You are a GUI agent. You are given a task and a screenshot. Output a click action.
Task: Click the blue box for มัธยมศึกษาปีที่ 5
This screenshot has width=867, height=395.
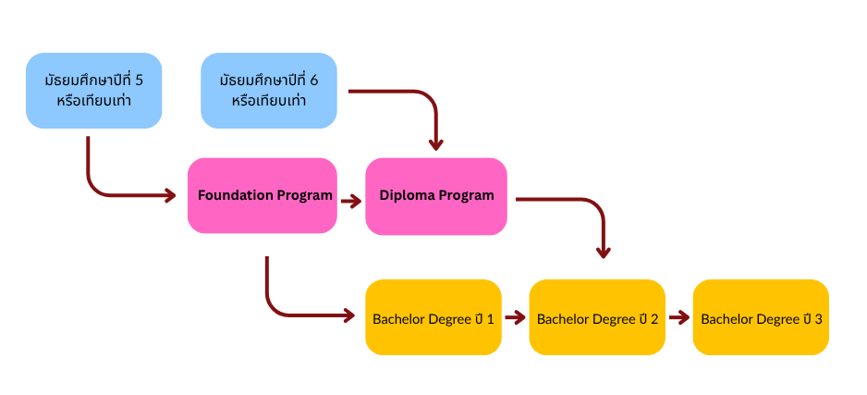(93, 90)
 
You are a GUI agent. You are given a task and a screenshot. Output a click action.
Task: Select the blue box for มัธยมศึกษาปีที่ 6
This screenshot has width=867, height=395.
(269, 90)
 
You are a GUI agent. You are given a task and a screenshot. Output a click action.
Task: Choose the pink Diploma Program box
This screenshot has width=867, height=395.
(436, 196)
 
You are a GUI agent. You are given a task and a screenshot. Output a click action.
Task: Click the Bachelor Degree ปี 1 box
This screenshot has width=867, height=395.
(433, 317)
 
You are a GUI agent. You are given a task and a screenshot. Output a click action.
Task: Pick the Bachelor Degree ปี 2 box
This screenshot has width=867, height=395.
(597, 317)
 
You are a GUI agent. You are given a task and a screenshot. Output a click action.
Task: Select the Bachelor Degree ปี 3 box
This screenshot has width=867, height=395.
(761, 317)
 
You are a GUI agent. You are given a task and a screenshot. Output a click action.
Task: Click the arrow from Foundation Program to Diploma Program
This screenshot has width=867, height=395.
(350, 200)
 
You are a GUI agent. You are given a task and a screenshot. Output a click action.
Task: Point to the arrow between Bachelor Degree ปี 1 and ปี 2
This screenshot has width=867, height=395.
(515, 317)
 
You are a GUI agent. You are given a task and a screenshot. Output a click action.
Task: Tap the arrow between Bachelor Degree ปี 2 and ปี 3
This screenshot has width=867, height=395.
(678, 317)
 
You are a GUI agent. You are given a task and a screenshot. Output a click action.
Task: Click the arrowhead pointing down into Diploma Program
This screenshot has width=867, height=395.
(436, 144)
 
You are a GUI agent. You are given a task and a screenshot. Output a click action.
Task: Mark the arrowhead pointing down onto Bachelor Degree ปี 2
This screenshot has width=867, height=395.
(603, 251)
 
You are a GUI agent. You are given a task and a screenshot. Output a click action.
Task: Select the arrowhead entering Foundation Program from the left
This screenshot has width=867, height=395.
(170, 195)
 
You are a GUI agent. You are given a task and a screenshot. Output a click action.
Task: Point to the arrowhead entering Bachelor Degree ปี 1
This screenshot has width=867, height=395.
(348, 316)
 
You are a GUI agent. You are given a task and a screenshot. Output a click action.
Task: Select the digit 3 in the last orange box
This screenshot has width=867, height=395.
(818, 319)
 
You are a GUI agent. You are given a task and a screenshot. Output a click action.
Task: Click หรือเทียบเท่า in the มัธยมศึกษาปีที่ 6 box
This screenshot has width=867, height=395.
(269, 101)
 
